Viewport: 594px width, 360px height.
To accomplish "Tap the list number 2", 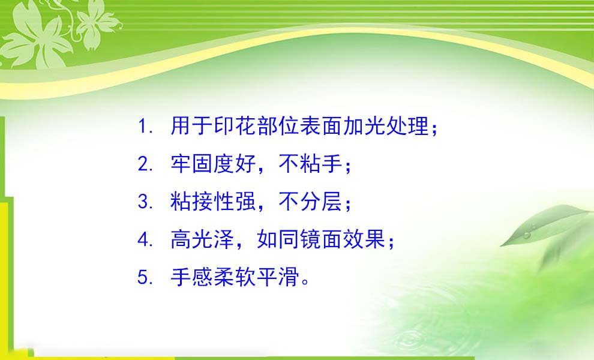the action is pos(144,164).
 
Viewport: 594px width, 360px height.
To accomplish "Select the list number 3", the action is pos(144,202).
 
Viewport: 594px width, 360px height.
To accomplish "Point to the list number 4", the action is pos(144,239).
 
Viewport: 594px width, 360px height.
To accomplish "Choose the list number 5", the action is pos(144,277).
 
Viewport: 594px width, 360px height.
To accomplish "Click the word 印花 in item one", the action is pos(236,126).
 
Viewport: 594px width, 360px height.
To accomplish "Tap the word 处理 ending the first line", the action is pos(408,126).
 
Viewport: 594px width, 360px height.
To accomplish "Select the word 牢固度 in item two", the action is pos(203,164).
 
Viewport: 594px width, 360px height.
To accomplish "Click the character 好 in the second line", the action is pos(246,164).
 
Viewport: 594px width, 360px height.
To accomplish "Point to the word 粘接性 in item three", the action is pos(203,201).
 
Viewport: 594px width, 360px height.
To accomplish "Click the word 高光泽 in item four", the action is pos(203,239).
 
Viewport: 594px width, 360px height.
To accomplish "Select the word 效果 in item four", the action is pos(364,239).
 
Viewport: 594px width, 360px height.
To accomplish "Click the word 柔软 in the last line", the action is pos(235,277).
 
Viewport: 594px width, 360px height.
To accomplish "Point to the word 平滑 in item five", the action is pos(278,277).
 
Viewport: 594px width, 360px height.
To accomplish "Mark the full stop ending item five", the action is pos(305,282).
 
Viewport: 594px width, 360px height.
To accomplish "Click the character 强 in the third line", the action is pos(246,201).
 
